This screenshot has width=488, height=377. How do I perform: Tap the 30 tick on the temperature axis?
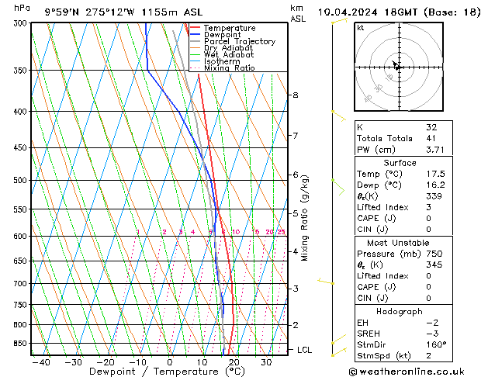click(x=266, y=361)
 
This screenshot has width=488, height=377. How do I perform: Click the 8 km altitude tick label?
click(x=295, y=95)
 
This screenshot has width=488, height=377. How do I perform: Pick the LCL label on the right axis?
click(x=305, y=350)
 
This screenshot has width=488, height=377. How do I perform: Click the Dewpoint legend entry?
click(x=222, y=35)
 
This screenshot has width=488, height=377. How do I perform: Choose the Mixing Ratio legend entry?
click(x=229, y=68)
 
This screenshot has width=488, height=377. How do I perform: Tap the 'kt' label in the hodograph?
click(x=361, y=27)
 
